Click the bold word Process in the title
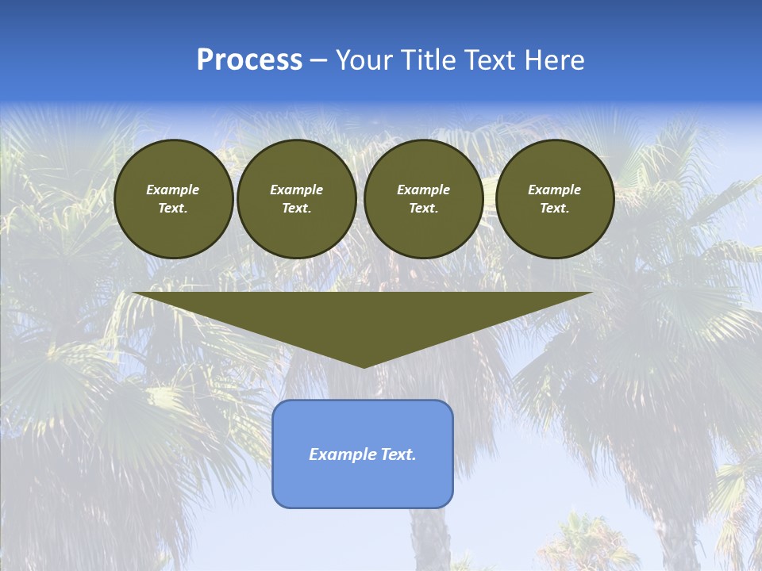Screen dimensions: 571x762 [249, 60]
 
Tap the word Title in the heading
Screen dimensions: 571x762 [425, 60]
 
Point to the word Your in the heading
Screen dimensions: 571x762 [364, 60]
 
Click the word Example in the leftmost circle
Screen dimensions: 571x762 [173, 190]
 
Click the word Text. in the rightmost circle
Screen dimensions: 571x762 [555, 209]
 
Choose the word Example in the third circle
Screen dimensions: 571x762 [424, 190]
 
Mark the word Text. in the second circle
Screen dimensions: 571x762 [297, 209]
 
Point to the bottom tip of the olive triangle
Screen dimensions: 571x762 [363, 366]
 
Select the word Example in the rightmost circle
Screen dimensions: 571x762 [555, 190]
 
